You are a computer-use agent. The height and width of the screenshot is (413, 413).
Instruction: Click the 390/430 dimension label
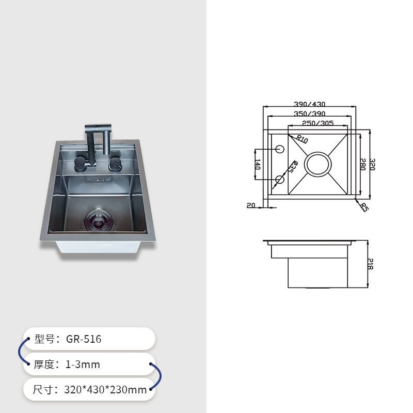[x=310, y=104]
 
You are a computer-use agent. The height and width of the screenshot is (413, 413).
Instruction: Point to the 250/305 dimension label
[x=317, y=123]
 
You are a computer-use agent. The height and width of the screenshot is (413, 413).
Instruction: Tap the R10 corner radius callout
[x=302, y=139]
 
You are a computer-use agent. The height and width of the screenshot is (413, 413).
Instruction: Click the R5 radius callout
[x=363, y=208]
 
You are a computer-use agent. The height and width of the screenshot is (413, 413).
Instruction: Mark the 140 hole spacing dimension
[x=258, y=165]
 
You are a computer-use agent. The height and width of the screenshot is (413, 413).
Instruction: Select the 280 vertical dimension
[x=362, y=165]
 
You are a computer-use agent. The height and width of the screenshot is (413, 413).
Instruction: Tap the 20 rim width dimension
[x=251, y=205]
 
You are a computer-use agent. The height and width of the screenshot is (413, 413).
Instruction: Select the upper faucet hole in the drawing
[x=280, y=149]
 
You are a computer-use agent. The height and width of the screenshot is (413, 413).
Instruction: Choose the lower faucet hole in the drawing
[x=280, y=180]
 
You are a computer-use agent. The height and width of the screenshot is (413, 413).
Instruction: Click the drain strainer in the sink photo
[x=97, y=219]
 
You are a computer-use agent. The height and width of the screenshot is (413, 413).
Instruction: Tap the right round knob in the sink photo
[x=115, y=165]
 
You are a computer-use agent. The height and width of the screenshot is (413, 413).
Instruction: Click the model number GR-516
[x=84, y=339]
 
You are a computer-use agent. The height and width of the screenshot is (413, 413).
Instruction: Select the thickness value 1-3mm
[x=83, y=364]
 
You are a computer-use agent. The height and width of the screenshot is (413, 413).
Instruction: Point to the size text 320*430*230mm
[x=106, y=390]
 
